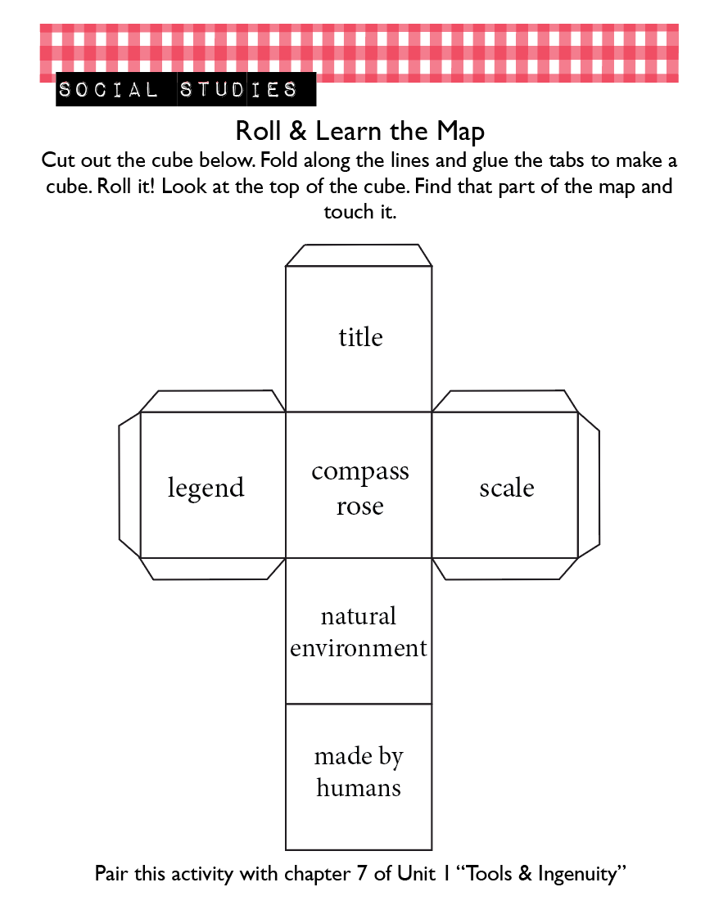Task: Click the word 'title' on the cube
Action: pos(360,336)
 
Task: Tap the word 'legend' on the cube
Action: pos(206,489)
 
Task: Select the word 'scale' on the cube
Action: pos(507,488)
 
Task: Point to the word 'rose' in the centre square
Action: pos(360,507)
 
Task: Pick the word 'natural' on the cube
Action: pos(359,616)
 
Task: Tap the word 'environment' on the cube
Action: pos(358,648)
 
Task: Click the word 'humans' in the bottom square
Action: pos(359,787)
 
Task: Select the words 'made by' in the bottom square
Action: pos(359,757)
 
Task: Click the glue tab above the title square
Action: pos(359,255)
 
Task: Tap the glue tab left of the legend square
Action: pos(129,484)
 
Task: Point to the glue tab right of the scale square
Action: pos(589,484)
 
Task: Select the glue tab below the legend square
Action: pos(212,569)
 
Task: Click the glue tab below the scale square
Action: pos(504,569)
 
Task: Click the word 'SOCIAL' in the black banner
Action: pos(108,89)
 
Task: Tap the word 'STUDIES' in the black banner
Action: pos(238,89)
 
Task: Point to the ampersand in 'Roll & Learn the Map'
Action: pos(297,131)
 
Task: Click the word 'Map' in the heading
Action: pos(460,133)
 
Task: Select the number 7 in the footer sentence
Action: pos(362,873)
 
